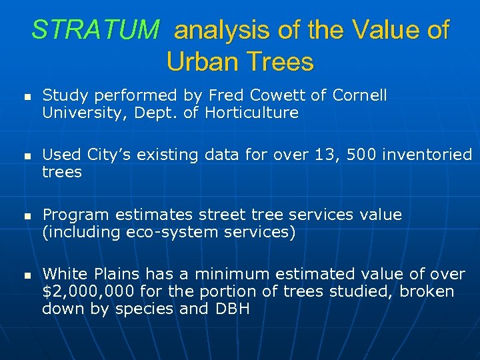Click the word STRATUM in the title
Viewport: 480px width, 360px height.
(95, 31)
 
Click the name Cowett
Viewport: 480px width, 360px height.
(293, 95)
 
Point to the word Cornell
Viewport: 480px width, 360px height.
(359, 95)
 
